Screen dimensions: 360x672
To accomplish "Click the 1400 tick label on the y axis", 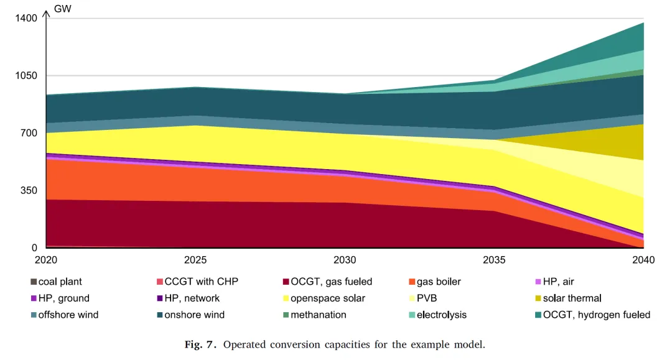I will [x=27, y=19].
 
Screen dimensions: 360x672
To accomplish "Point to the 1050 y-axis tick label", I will [x=27, y=76].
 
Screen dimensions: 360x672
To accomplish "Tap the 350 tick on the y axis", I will [x=32, y=190].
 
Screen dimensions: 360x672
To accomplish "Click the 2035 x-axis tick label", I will [x=495, y=259].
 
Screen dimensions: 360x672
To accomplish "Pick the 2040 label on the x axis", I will [x=643, y=259].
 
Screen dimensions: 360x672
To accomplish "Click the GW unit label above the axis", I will [x=62, y=9].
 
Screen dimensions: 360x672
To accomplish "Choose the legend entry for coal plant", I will [x=60, y=282].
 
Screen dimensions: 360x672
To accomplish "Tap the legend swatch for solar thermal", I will [x=538, y=298].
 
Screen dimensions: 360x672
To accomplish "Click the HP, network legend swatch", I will [x=160, y=298].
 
